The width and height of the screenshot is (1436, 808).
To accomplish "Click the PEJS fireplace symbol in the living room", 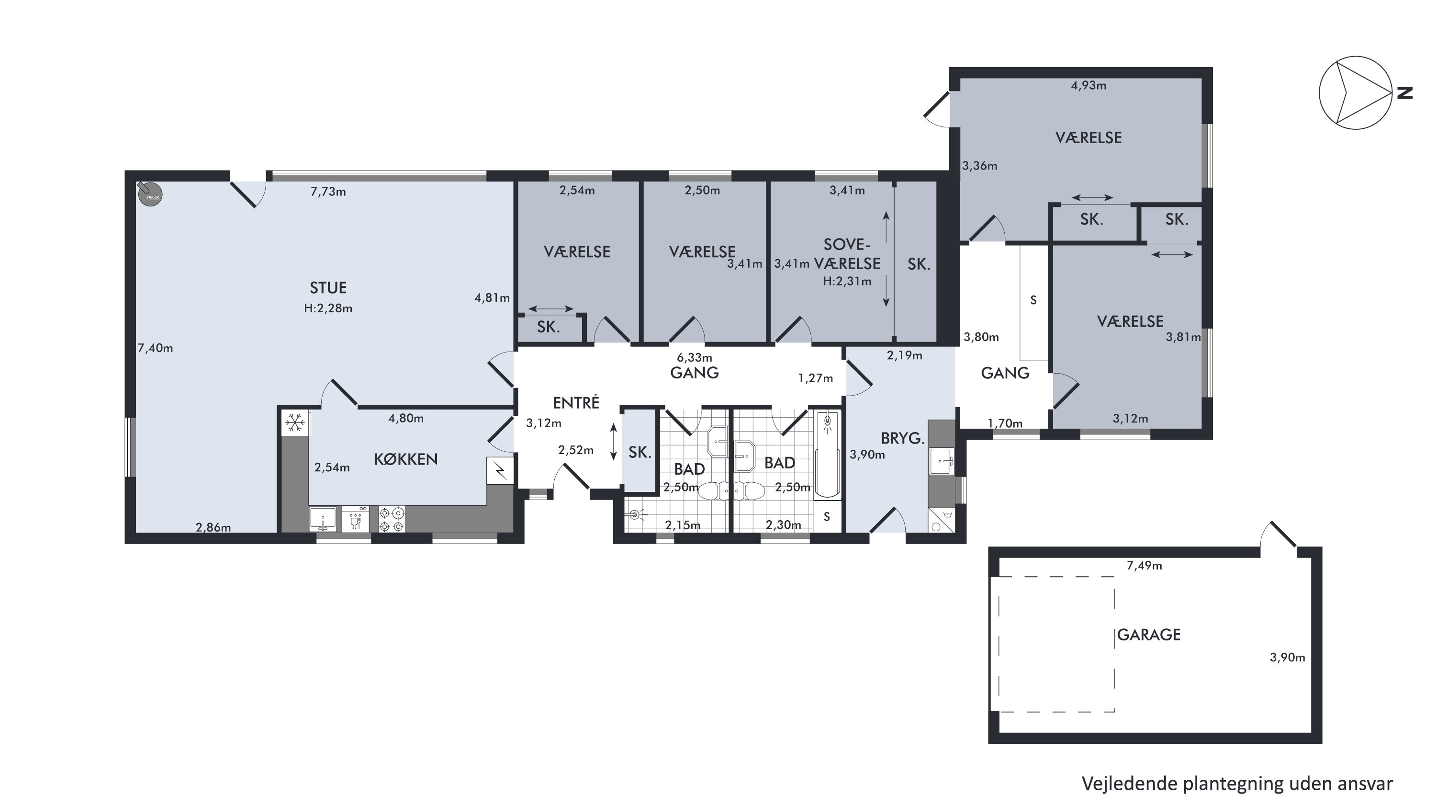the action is coord(150,194).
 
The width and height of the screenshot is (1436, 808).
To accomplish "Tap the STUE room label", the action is coord(328,288).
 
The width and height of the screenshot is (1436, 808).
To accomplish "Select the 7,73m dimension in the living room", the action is coord(328,192).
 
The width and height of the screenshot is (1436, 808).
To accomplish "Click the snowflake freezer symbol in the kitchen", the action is coord(295,422).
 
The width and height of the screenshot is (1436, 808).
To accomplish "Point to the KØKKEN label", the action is coord(405,459).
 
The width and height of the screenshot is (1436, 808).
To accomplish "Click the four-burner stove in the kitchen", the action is coord(392,519).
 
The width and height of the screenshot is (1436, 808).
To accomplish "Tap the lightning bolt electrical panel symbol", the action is coord(500,471).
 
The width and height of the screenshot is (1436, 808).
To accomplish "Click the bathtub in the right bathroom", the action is coord(828,455).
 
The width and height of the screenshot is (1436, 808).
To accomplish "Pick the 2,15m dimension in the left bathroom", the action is coord(682,525).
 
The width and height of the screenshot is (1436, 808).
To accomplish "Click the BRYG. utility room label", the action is coord(902,438).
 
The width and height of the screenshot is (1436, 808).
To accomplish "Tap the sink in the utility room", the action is coord(942,461).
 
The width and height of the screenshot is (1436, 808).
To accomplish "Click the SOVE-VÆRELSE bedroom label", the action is coord(847,254).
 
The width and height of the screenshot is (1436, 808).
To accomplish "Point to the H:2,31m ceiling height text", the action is coord(847,282).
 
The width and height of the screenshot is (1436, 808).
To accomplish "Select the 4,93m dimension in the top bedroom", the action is coord(1088,85).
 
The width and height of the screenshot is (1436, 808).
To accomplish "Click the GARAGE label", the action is coord(1148,635).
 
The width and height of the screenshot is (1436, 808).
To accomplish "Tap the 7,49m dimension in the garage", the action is coord(1144,566).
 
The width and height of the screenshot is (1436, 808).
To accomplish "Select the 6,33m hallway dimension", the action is coord(694,357).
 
